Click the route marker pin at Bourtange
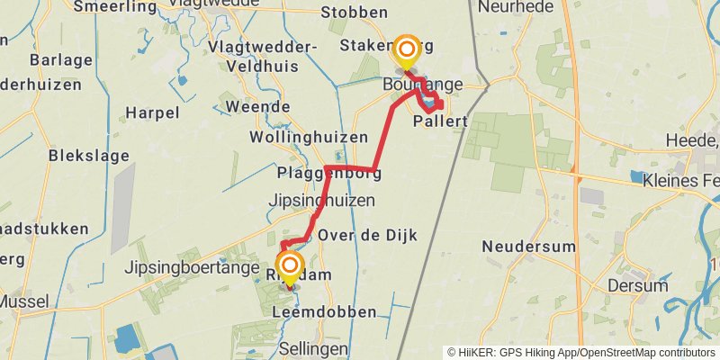pyautogui.click(x=408, y=51)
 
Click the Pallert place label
pyautogui.click(x=440, y=120)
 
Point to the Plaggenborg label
pyautogui.click(x=328, y=173)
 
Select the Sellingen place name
pyautogui.click(x=313, y=347)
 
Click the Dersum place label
pyautogui.click(x=636, y=284)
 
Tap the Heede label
pyautogui.click(x=693, y=139)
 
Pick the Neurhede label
pyautogui.click(x=516, y=7)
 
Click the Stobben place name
pyautogui.click(x=355, y=13)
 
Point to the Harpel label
pyautogui.click(x=152, y=113)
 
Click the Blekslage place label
pyautogui.click(x=88, y=156)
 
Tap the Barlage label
pyautogui.click(x=61, y=60)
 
